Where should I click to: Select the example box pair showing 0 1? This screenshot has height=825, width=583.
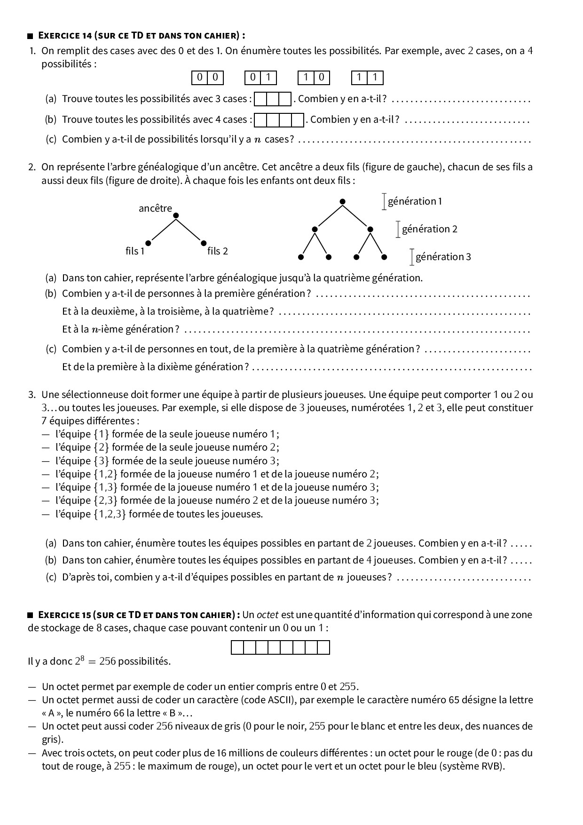(260, 78)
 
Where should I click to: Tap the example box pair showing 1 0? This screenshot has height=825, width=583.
(314, 78)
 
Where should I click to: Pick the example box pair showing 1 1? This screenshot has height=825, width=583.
(367, 78)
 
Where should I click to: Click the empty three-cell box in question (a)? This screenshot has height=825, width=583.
(273, 99)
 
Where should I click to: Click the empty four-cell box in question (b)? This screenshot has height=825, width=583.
(279, 120)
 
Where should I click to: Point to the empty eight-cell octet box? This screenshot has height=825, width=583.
(280, 648)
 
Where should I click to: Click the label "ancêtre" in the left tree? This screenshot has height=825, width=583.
(155, 208)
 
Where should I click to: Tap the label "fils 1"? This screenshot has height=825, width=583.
(135, 251)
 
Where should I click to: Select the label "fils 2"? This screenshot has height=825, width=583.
(218, 251)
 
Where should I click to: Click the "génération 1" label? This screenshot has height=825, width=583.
(415, 201)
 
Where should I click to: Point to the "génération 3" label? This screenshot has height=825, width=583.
(443, 257)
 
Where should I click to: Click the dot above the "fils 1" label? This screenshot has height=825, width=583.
(149, 243)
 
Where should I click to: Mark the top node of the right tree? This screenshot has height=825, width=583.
(343, 201)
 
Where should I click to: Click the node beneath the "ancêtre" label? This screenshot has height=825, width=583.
(176, 216)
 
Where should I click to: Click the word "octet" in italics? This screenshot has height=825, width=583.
(268, 615)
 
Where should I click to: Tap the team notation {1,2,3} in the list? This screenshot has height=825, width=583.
(110, 514)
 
